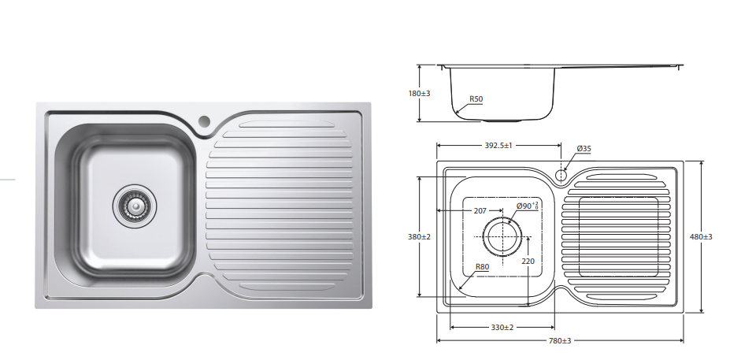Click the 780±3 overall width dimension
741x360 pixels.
point(560,340)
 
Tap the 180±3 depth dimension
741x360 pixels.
point(419,93)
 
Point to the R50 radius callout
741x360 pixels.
point(476,98)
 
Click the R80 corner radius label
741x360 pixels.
point(482,266)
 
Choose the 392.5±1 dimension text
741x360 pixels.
point(498,146)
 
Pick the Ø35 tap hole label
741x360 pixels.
point(584,149)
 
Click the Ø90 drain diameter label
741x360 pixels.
point(527,206)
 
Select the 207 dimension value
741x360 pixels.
point(480,211)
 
